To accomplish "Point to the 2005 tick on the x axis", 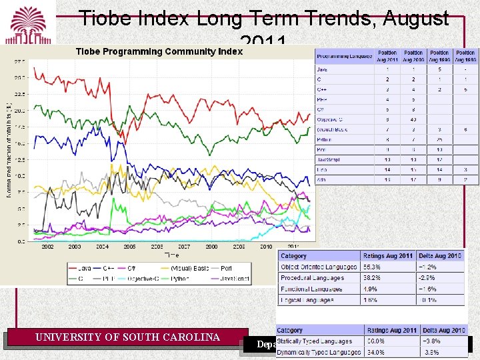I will point(129,247).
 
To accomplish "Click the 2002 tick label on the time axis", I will point(47,247).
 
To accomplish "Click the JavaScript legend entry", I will point(233,278).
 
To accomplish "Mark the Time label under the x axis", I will point(171,254).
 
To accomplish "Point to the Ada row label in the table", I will point(322,180).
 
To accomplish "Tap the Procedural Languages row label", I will point(313,278).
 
